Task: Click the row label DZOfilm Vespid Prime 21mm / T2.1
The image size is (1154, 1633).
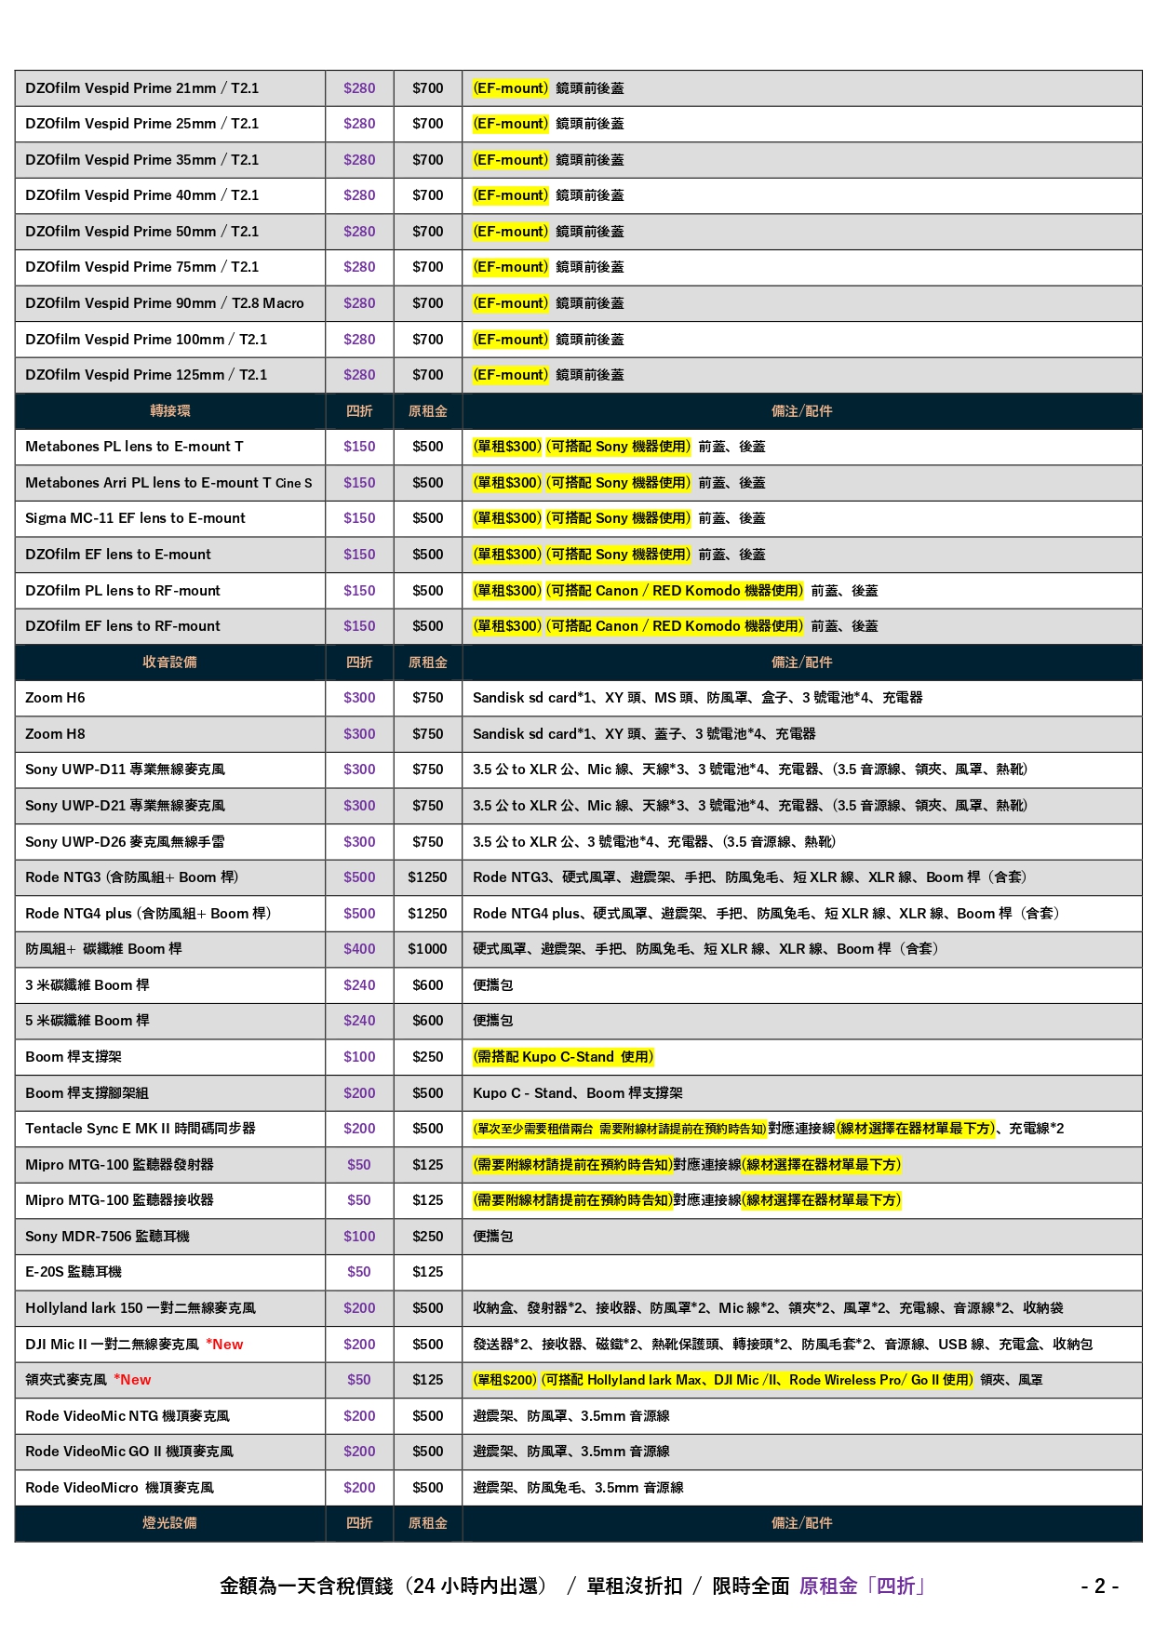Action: [142, 88]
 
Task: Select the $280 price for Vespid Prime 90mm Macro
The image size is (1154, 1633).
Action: [359, 303]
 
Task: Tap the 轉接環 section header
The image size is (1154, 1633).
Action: [169, 411]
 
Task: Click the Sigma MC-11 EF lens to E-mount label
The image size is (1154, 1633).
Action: [135, 518]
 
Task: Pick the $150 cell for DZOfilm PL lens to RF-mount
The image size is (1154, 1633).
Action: [359, 591]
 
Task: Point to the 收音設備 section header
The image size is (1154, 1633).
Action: [169, 663]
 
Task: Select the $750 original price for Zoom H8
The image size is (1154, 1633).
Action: [428, 734]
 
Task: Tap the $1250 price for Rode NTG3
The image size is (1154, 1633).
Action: [427, 877]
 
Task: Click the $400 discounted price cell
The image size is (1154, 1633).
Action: [359, 949]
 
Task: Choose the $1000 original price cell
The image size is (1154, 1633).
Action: [427, 949]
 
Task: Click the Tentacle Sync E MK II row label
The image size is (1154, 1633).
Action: [141, 1129]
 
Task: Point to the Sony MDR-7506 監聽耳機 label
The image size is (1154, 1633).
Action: [107, 1237]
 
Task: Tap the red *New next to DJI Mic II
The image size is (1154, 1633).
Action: [224, 1345]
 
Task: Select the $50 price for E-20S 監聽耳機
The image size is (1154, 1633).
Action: [359, 1272]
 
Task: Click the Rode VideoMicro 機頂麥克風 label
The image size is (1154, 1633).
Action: [119, 1488]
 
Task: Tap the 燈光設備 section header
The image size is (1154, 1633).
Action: [169, 1523]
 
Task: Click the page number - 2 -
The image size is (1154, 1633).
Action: [1099, 1586]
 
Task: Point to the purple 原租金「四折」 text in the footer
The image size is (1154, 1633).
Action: [863, 1586]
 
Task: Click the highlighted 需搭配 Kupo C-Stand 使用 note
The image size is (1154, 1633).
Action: [563, 1057]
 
